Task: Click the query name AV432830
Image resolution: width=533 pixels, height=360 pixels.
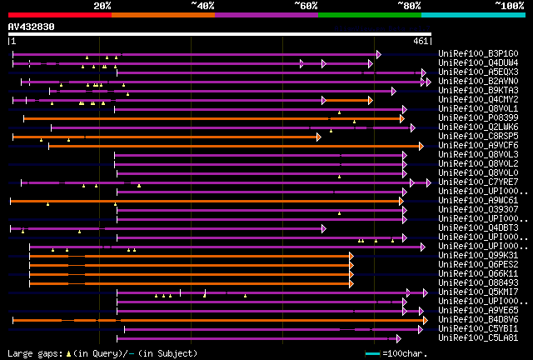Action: pos(31,27)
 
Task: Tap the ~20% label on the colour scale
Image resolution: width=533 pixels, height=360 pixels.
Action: pos(102,5)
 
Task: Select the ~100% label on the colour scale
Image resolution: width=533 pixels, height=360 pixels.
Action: pos(509,5)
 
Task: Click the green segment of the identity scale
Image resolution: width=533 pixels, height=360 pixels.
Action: pos(369,14)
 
